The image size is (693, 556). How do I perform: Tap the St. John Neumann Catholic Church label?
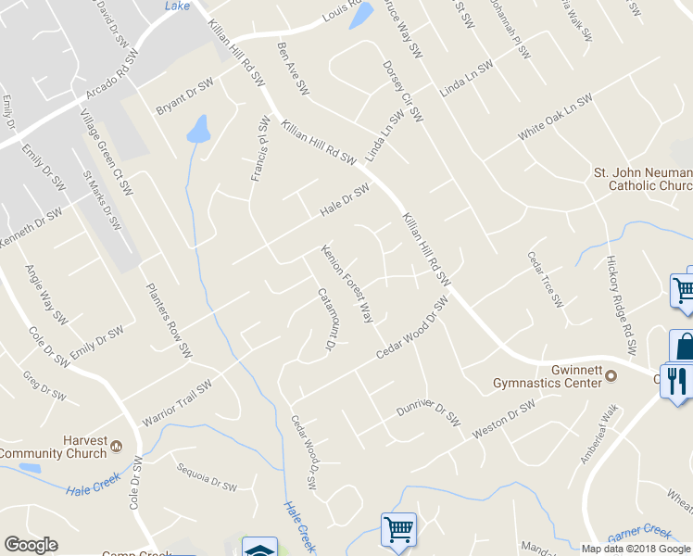coord(642,179)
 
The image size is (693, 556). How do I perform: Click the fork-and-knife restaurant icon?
coord(675,380)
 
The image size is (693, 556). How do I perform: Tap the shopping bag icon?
coord(683,347)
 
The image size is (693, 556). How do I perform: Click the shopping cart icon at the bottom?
coord(398,530)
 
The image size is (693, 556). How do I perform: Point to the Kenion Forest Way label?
coord(347,283)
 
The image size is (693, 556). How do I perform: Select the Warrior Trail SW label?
coord(177,403)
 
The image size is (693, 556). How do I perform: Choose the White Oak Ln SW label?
coord(554,118)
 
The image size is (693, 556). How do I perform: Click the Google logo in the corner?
coord(31,545)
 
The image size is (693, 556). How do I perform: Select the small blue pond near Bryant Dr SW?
coord(198,129)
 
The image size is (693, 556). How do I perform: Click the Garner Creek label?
coord(639,533)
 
